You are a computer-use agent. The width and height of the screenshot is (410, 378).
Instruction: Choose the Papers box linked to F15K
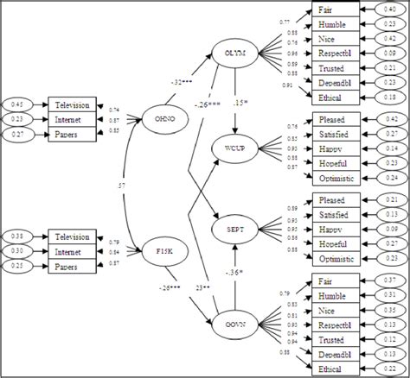tap(71, 268)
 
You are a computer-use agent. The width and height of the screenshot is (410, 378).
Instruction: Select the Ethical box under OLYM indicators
tap(333, 98)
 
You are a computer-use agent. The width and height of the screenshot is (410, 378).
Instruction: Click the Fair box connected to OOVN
tap(333, 280)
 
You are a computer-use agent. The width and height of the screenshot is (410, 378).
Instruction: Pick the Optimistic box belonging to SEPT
tap(333, 258)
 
